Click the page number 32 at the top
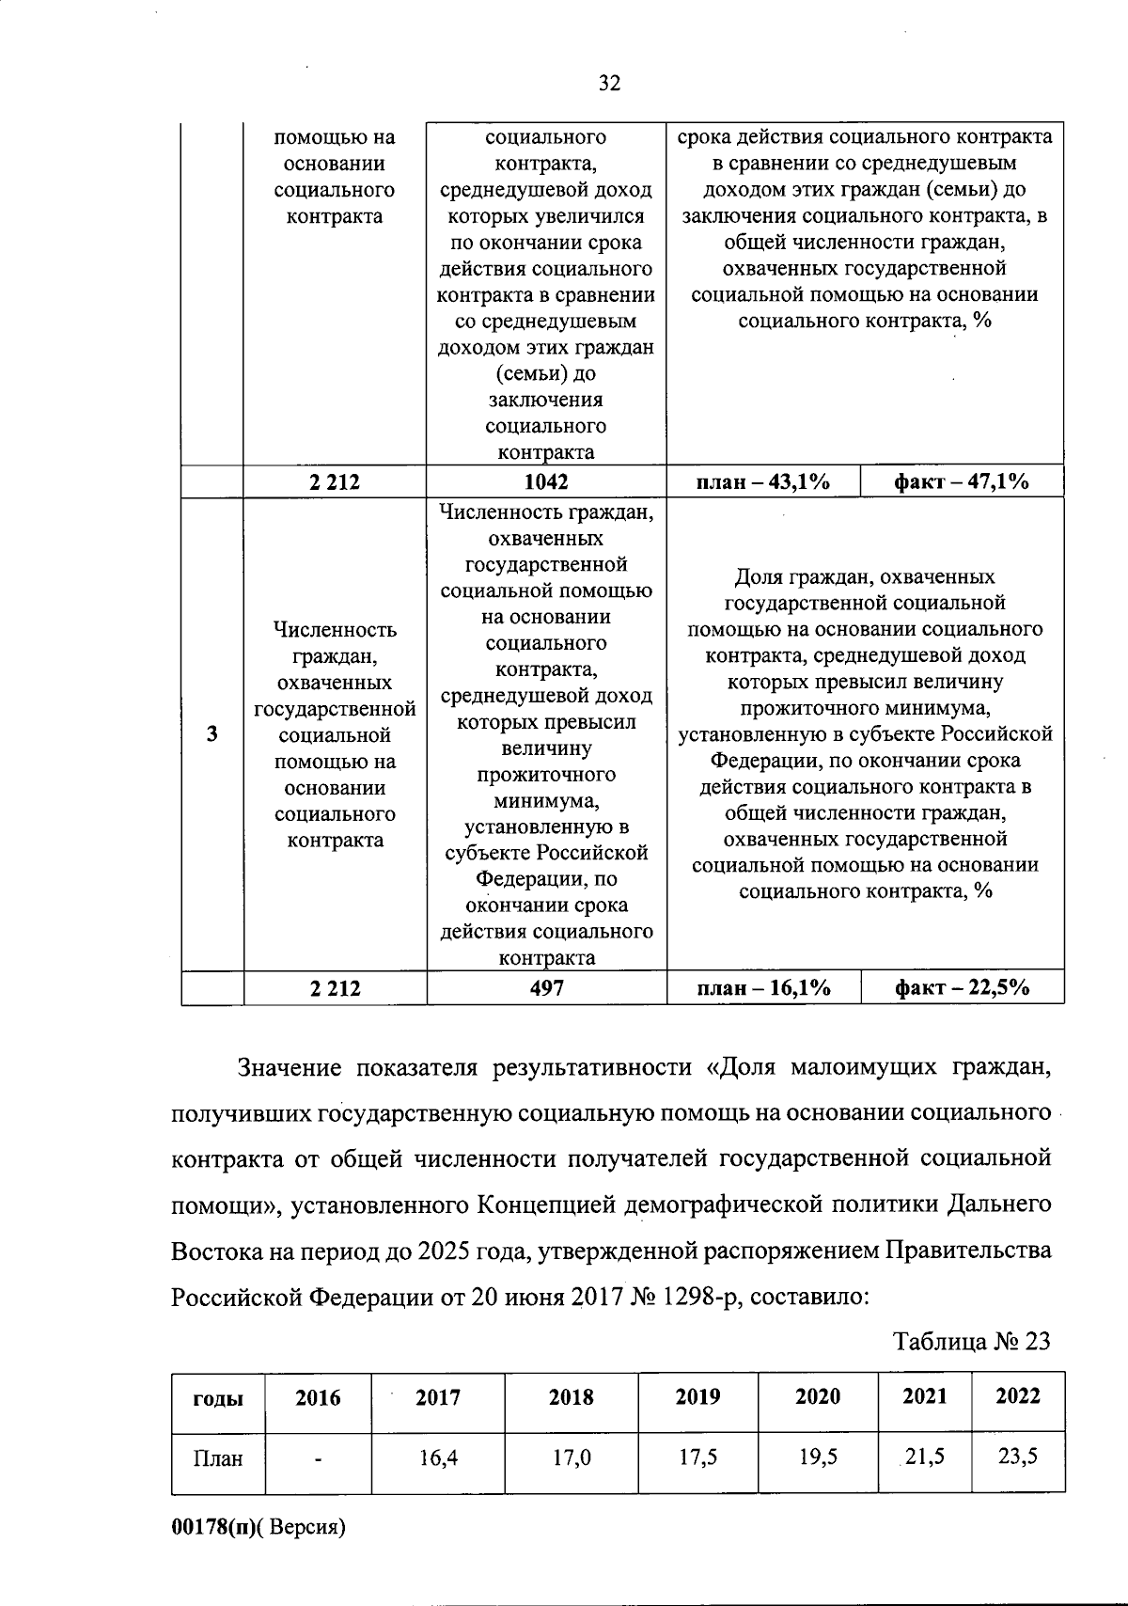(609, 84)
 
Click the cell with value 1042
(546, 482)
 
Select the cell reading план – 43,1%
(762, 482)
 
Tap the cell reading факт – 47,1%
(961, 482)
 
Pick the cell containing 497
(546, 988)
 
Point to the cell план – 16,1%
(762, 988)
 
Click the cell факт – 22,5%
(961, 988)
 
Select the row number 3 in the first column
(212, 734)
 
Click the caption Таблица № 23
(971, 1341)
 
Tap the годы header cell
(218, 1398)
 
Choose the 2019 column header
(697, 1397)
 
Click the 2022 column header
(1018, 1396)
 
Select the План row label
(218, 1459)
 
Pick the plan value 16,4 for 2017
(438, 1458)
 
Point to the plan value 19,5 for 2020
(818, 1457)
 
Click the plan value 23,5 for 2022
(1018, 1457)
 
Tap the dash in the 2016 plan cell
(319, 1460)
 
